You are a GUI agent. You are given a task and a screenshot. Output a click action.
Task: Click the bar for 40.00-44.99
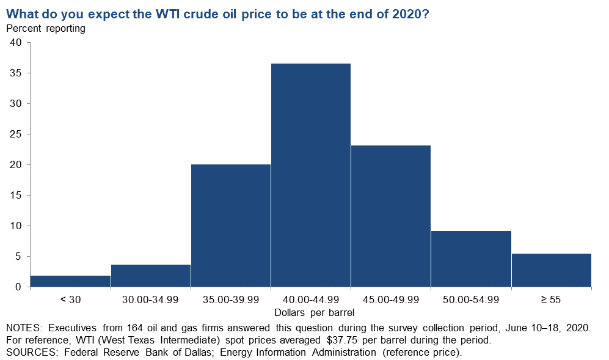pyautogui.click(x=311, y=175)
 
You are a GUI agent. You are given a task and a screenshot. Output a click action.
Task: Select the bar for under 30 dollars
pyautogui.click(x=70, y=282)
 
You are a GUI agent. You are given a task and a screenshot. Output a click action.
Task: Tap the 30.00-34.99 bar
pyautogui.click(x=151, y=276)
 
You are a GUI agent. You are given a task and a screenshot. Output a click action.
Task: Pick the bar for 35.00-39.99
pyautogui.click(x=231, y=226)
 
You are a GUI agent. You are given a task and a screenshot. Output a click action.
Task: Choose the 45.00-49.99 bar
pyautogui.click(x=391, y=216)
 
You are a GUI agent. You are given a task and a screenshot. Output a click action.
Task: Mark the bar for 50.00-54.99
pyautogui.click(x=471, y=259)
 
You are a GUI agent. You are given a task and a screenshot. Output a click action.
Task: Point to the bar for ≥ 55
pyautogui.click(x=552, y=270)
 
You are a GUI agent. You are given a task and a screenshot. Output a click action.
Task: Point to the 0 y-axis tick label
pyautogui.click(x=18, y=287)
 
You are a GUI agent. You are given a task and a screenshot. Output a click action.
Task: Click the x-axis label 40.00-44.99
pyautogui.click(x=311, y=299)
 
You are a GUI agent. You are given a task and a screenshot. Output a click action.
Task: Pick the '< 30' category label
pyautogui.click(x=70, y=299)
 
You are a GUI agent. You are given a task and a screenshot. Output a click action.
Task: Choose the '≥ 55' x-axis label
pyautogui.click(x=551, y=299)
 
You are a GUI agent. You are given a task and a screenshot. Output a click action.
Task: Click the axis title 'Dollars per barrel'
pyautogui.click(x=314, y=312)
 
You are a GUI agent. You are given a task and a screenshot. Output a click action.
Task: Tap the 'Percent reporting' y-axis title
pyautogui.click(x=46, y=28)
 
